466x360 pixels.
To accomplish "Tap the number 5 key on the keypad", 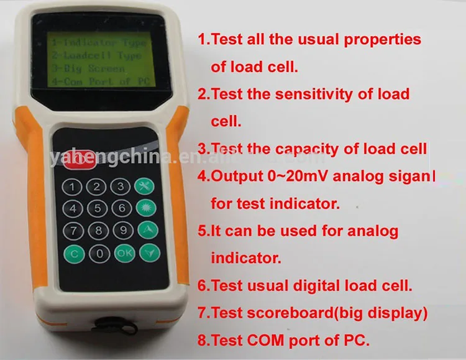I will [96, 208].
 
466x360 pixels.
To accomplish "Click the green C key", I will [75, 254].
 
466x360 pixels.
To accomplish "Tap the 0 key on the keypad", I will [98, 253].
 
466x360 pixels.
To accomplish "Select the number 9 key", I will [122, 231].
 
